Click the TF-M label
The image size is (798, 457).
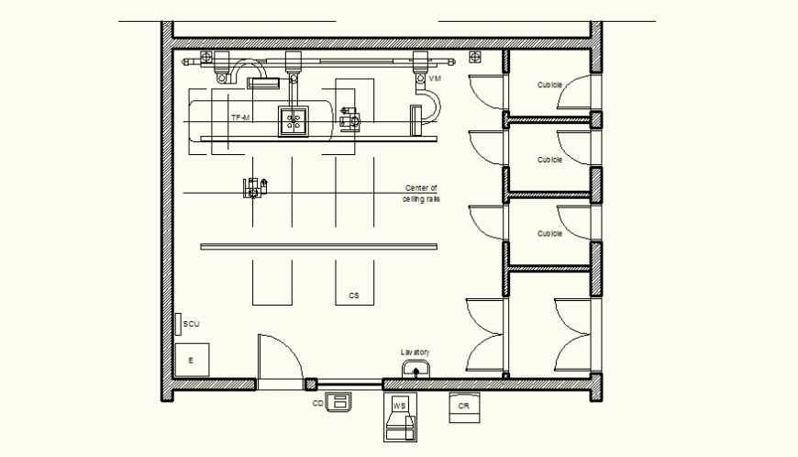point(241,118)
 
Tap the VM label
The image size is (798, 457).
point(435,80)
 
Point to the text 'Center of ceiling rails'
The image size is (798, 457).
point(421,193)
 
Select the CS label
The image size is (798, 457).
point(353,295)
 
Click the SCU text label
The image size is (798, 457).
point(191,324)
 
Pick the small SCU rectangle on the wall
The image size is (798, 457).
point(177,324)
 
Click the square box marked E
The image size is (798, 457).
point(192,360)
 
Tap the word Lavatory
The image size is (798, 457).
point(415,352)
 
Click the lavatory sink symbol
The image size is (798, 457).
point(416,370)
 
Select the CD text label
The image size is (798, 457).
point(317,403)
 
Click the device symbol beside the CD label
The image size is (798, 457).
point(339,401)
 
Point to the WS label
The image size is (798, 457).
point(399,405)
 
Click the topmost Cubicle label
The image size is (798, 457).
point(549,84)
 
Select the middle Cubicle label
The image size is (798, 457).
point(549,160)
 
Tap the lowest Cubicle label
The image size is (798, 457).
point(549,233)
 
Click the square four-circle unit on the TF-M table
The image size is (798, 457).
point(294,120)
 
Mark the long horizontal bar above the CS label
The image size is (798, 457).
point(318,246)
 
